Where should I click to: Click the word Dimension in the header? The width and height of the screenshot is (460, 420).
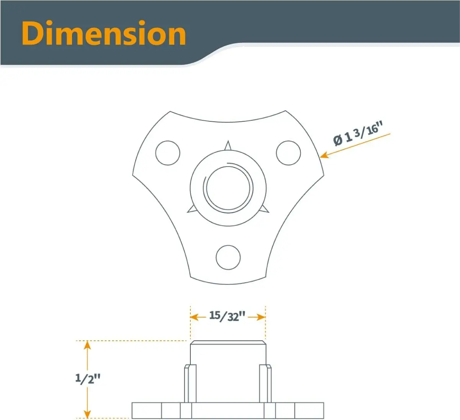(x=104, y=34)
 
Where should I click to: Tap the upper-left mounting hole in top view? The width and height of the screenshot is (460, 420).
(x=168, y=153)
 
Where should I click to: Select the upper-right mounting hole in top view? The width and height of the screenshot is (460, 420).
(x=288, y=153)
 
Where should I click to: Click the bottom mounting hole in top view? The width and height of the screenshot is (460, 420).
(x=228, y=257)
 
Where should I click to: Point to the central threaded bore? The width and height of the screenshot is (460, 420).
(x=228, y=188)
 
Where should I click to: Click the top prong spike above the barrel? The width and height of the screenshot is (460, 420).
(x=228, y=145)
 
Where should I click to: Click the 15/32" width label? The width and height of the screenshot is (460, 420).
(x=227, y=316)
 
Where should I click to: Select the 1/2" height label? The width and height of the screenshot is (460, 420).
(x=88, y=378)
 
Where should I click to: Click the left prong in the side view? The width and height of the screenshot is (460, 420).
(x=190, y=383)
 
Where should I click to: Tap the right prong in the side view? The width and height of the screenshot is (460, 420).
(x=265, y=383)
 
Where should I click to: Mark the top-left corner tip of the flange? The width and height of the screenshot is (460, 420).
(x=170, y=112)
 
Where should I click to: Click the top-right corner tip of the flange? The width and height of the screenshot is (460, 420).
(x=285, y=111)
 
